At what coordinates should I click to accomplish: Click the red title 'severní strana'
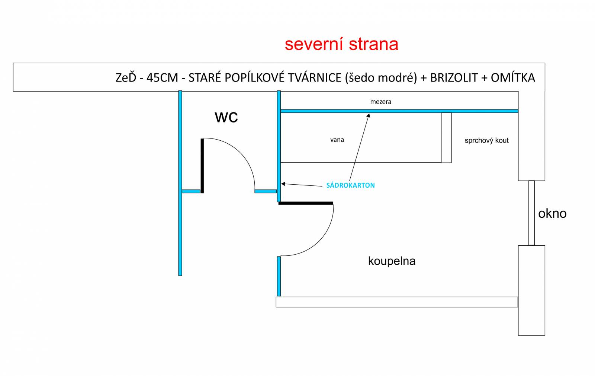(341, 44)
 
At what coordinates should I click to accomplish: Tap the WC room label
(226, 117)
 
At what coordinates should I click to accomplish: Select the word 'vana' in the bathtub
(337, 140)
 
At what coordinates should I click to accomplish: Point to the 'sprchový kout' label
(487, 141)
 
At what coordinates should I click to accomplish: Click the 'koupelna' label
(392, 261)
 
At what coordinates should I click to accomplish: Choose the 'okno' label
(553, 214)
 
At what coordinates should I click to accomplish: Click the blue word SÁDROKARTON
(351, 185)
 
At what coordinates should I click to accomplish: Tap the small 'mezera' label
(381, 102)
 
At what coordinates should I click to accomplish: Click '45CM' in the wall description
(162, 78)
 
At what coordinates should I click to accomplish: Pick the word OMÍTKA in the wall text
(513, 78)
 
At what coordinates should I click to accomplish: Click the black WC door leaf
(202, 166)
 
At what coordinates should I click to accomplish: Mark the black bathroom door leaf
(306, 203)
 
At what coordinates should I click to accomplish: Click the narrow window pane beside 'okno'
(531, 213)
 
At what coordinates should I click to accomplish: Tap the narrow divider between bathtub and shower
(446, 138)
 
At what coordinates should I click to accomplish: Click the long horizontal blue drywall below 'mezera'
(399, 111)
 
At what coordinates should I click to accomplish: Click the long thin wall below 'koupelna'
(397, 302)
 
